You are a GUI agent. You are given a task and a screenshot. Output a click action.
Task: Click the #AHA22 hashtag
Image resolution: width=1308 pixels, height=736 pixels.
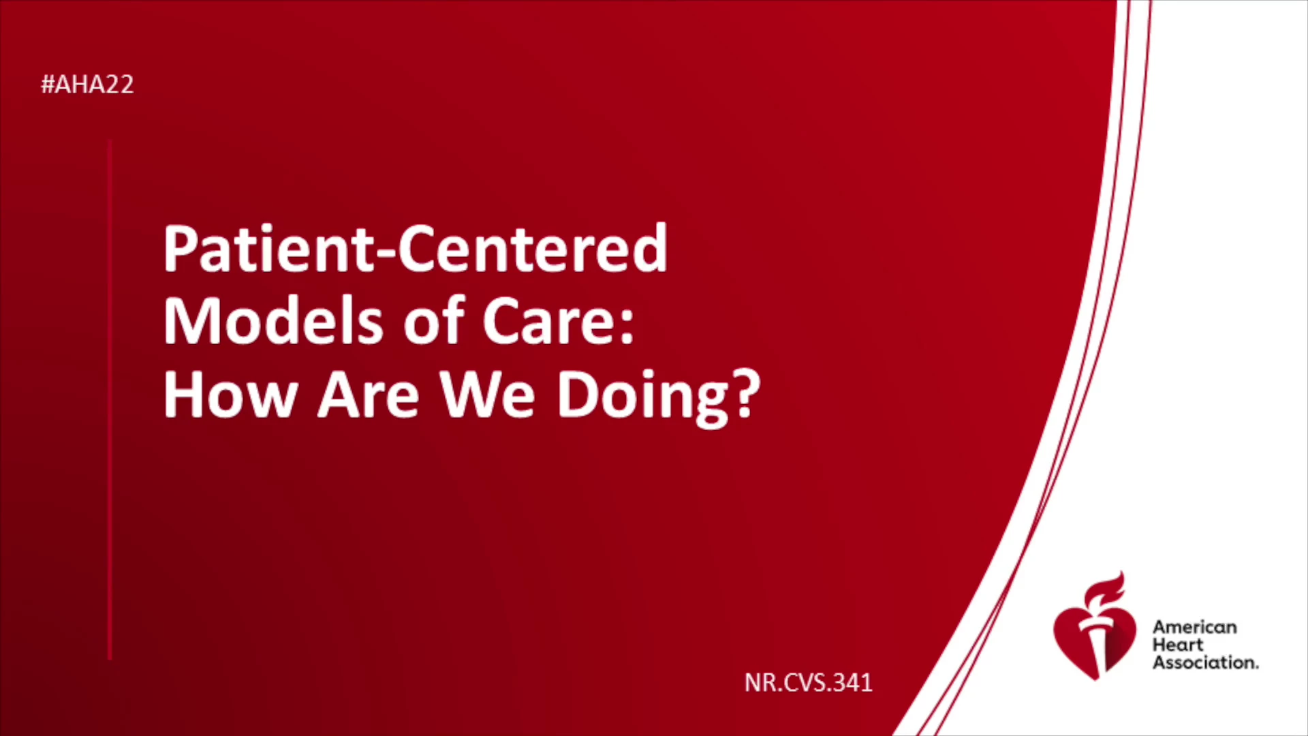pos(87,85)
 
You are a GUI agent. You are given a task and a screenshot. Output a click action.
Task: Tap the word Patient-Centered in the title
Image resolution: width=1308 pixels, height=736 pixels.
pos(415,248)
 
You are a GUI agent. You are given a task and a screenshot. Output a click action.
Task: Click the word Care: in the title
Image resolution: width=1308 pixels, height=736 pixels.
pos(558,321)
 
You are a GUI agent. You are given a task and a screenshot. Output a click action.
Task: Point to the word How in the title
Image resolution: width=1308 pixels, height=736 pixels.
pos(230,395)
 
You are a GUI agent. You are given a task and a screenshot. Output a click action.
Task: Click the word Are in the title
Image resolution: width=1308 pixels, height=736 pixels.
pos(369,395)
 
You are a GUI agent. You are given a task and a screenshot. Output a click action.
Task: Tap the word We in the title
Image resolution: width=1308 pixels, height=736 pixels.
pos(487,395)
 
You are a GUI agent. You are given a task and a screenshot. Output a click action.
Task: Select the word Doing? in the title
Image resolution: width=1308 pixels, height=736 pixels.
pos(658,397)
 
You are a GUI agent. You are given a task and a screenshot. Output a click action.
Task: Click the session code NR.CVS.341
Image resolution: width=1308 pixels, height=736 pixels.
pos(808,682)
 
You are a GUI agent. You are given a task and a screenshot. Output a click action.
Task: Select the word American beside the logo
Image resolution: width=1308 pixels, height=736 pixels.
pos(1194,627)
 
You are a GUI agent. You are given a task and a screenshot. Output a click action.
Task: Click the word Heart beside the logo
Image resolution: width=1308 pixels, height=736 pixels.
pos(1178,645)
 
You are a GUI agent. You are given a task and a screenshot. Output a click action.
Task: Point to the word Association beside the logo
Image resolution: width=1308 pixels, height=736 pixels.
pos(1205,662)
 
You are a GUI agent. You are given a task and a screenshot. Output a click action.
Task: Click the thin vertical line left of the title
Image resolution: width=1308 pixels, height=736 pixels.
pos(110,399)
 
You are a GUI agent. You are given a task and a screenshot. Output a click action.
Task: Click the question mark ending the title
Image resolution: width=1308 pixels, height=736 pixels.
pos(747,393)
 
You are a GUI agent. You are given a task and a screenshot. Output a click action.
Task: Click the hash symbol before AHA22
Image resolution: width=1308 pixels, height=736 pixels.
pos(48,85)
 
